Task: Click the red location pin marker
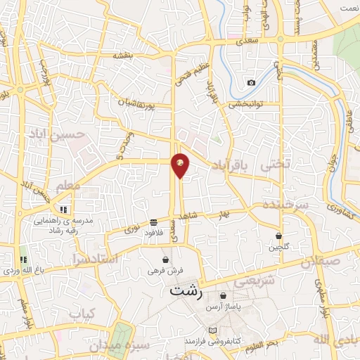181,165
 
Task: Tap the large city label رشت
185,292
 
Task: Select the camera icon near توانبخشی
251,83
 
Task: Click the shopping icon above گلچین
279,236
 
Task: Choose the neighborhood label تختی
274,167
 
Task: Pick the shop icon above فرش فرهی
165,259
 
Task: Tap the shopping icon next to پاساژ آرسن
224,296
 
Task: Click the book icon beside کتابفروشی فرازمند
213,330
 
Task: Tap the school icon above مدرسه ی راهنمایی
63,209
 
